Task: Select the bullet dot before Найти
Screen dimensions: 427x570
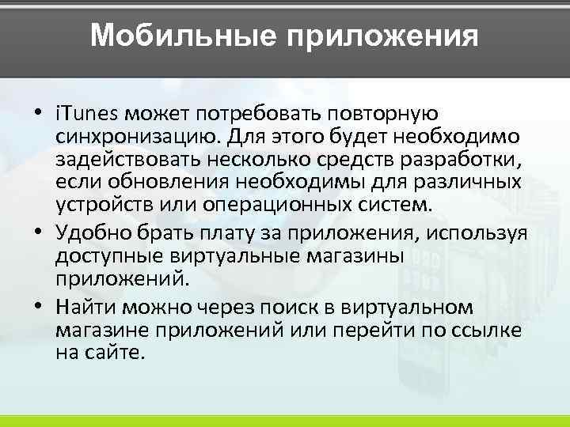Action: [x=38, y=307]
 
